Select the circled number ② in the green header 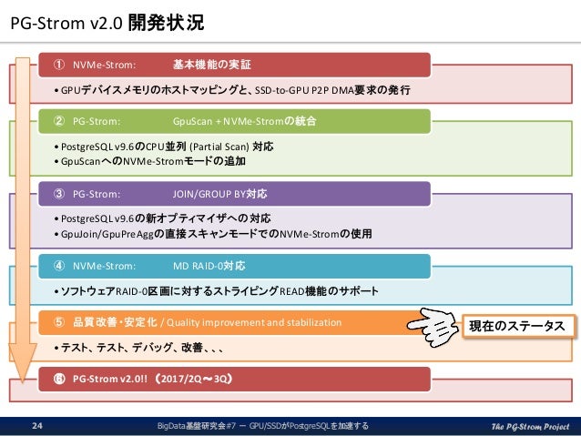coord(57,119)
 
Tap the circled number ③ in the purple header coord(57,193)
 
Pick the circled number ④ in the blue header coord(57,266)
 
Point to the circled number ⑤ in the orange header coord(57,321)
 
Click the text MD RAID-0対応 coord(209,266)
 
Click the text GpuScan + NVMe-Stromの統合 coord(237,119)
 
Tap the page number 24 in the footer coord(38,425)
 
